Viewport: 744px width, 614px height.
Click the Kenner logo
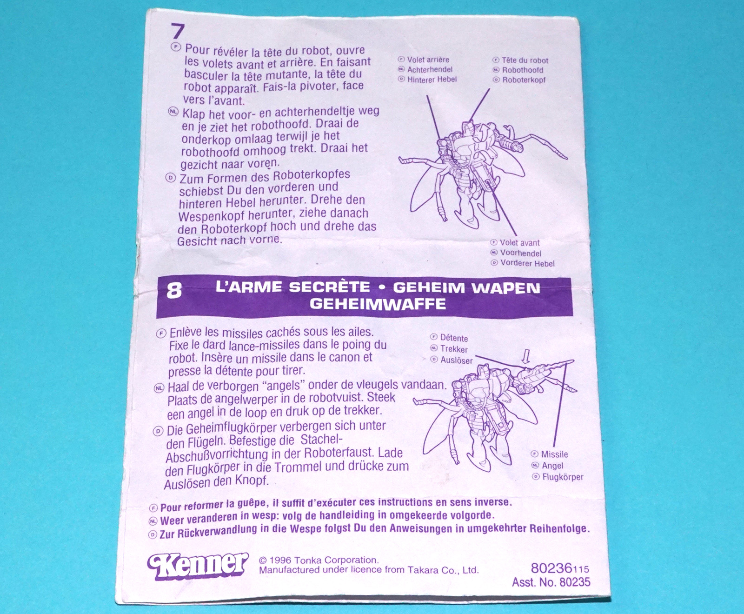coord(198,566)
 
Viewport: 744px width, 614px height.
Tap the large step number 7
coord(178,32)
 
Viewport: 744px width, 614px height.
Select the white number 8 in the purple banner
coord(174,291)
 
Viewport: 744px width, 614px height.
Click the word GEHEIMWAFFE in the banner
coord(378,304)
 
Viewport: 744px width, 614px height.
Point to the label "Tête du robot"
coord(525,60)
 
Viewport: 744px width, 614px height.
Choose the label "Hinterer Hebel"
coord(432,80)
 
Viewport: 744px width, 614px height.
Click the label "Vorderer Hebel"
coord(527,263)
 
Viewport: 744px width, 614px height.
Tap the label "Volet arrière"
coord(428,60)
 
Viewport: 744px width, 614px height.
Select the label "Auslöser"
coord(456,360)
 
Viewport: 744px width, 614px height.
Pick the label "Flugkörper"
coord(563,477)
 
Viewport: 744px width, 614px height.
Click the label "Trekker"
coord(454,349)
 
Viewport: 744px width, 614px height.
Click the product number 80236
coord(551,568)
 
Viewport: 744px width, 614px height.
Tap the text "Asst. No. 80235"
coord(551,582)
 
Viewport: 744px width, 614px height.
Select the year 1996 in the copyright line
coord(280,561)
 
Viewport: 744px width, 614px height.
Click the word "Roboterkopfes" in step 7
coord(312,176)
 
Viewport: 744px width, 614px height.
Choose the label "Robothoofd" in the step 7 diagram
coord(523,70)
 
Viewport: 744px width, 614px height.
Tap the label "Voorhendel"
coord(521,253)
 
